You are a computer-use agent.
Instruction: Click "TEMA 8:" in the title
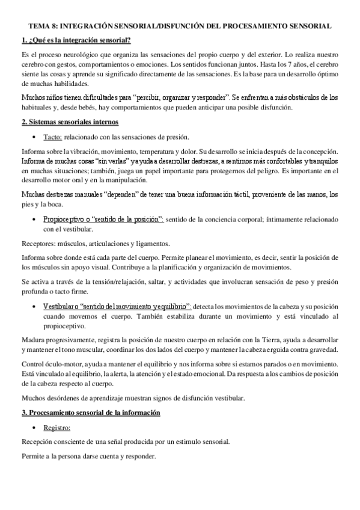(45, 27)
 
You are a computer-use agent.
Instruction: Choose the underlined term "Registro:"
(57, 428)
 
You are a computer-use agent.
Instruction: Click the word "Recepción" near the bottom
(38, 441)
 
